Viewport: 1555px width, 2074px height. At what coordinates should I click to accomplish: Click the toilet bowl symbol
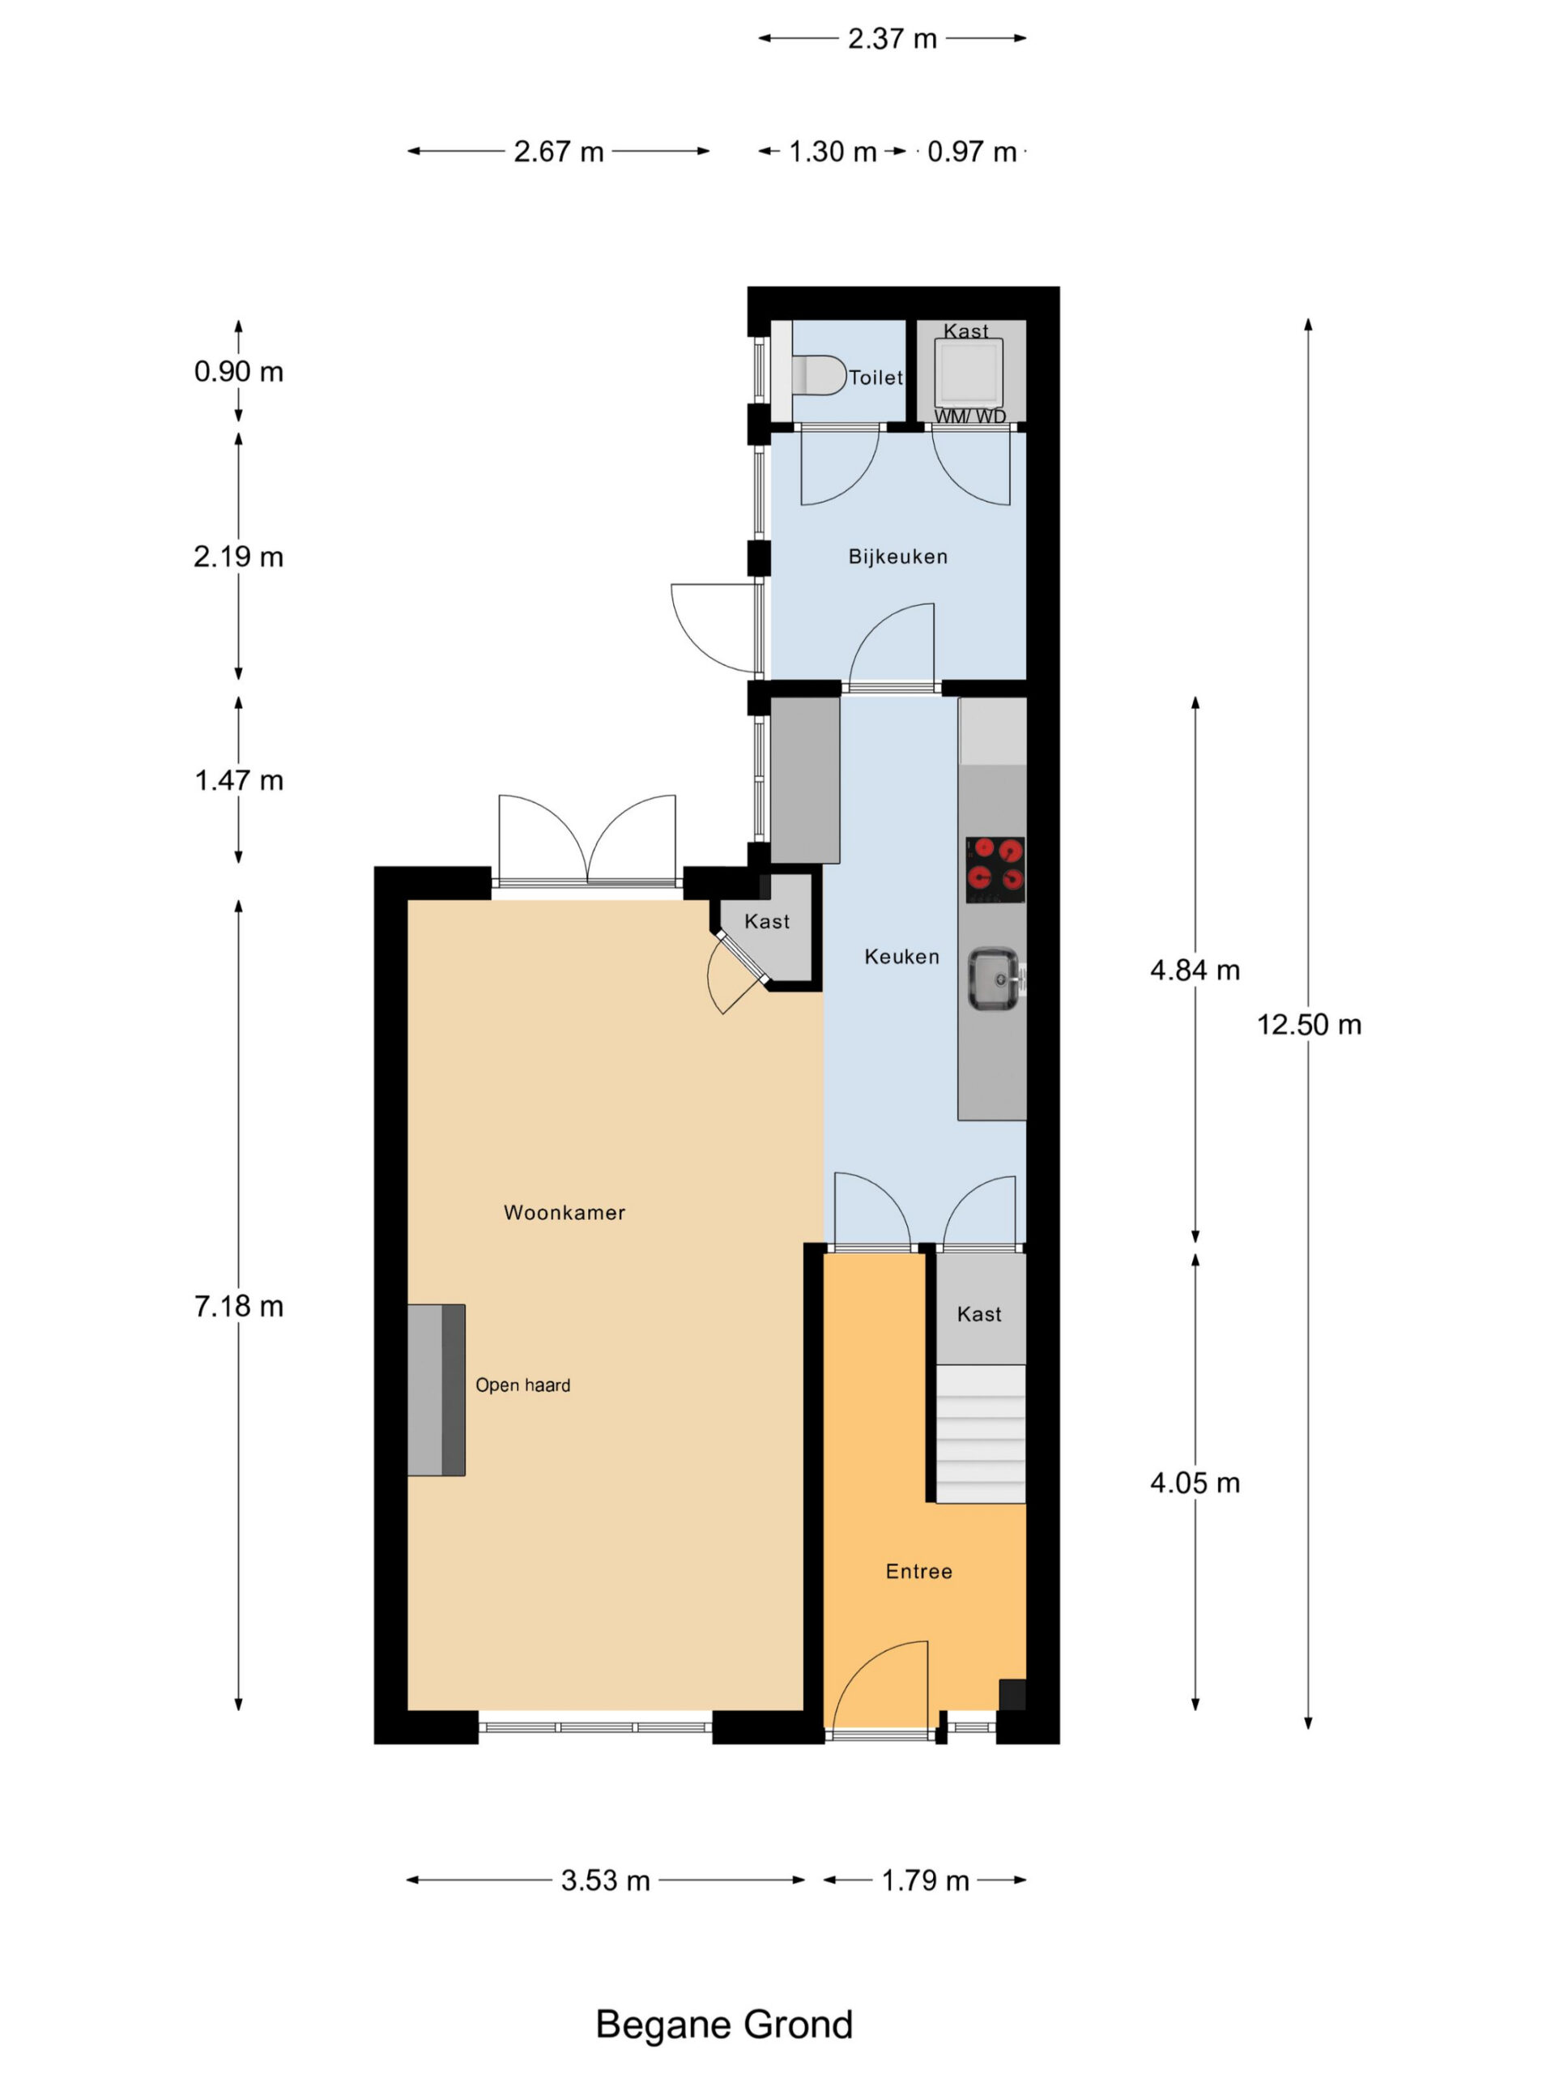(x=817, y=374)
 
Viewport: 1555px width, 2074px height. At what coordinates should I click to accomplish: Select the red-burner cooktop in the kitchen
(x=995, y=869)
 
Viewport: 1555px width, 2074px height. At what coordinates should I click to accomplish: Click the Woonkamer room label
(x=564, y=1212)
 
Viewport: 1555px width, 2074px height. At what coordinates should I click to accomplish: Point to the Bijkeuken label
(x=898, y=557)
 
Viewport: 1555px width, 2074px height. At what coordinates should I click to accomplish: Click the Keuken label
(x=901, y=956)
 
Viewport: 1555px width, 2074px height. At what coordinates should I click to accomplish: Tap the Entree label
(x=918, y=1572)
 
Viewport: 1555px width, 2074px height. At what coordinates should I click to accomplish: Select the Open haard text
(x=523, y=1385)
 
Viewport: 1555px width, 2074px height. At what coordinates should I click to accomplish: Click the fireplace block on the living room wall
(x=436, y=1389)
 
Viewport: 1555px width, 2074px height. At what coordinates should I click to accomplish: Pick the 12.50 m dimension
(x=1309, y=1024)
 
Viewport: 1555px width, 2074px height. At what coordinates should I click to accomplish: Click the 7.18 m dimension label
(x=238, y=1306)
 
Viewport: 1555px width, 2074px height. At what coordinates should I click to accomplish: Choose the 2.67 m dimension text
(x=559, y=151)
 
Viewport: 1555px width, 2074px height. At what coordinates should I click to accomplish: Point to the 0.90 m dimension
(x=238, y=372)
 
